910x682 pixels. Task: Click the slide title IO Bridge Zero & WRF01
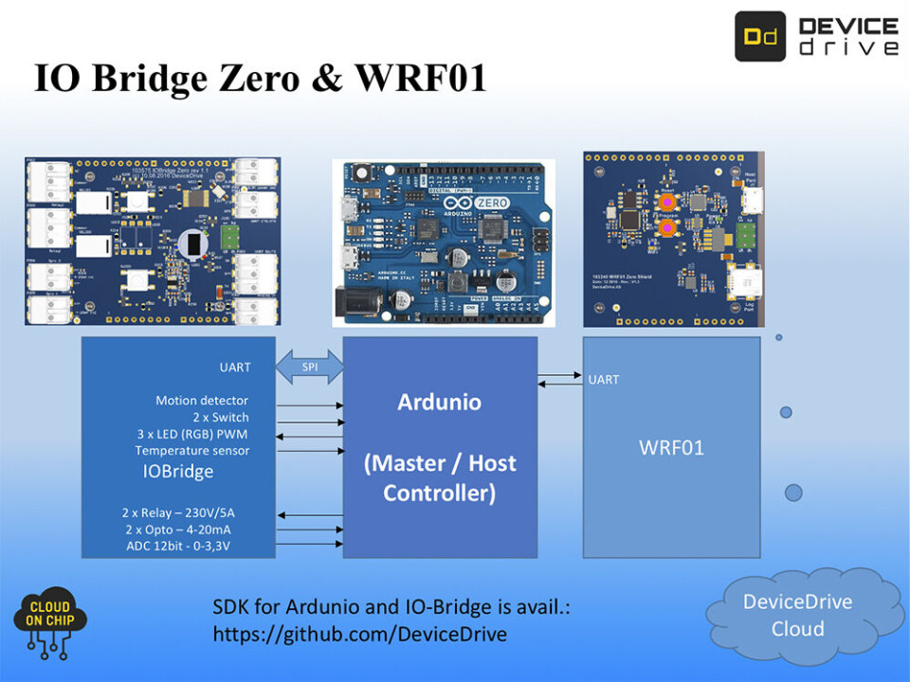[x=260, y=78]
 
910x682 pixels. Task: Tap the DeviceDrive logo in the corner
[x=816, y=37]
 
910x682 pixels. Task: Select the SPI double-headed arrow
[x=309, y=367]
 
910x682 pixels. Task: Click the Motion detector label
[x=202, y=401]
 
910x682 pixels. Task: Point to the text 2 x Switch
[x=221, y=418]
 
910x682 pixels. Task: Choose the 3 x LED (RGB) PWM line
[x=193, y=434]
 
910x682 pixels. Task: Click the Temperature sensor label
[x=192, y=451]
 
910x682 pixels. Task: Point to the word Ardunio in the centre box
[x=439, y=402]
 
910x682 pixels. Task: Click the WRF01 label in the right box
[x=671, y=447]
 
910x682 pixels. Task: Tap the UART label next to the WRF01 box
[x=604, y=380]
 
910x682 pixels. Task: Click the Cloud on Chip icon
[x=50, y=622]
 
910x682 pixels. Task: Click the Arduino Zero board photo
[x=444, y=238]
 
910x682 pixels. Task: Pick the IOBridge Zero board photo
[x=153, y=242]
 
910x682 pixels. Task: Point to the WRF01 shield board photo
[x=673, y=239]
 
